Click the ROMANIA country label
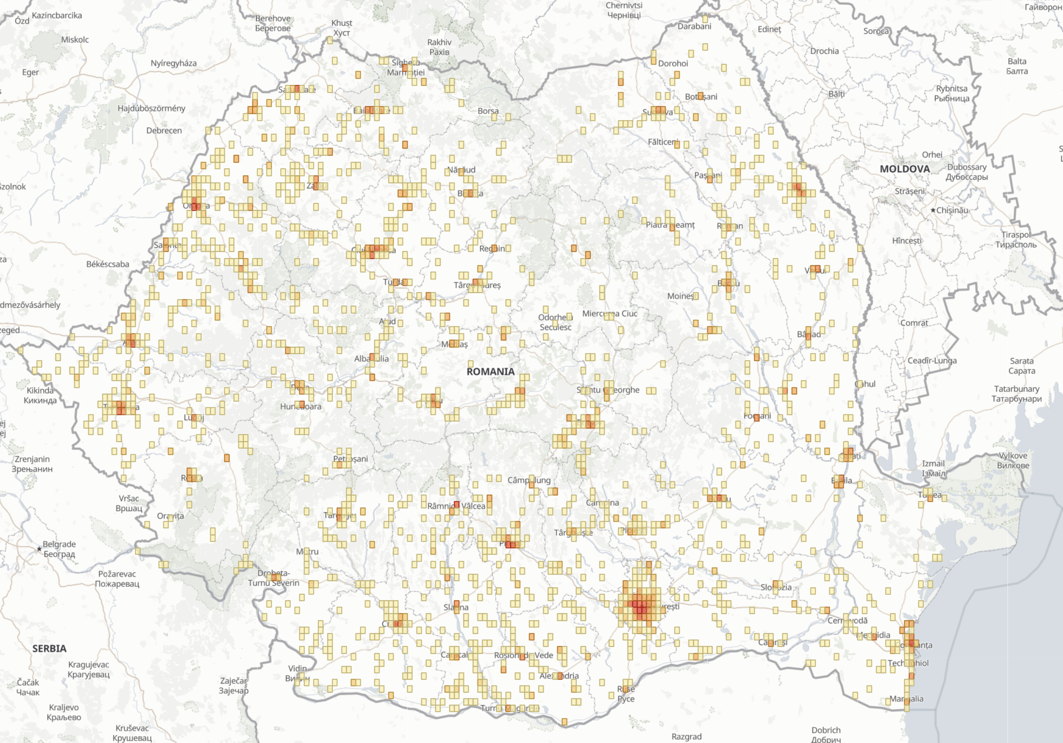490,371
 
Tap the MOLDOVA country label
905,169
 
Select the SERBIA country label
49,648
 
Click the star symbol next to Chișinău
933,210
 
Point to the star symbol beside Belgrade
39,549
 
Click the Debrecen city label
164,131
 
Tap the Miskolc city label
75,40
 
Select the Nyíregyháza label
174,63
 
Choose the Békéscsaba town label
107,264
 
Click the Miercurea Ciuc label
610,314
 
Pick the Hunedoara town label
301,406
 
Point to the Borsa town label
488,111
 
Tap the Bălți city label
837,94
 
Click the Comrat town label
914,323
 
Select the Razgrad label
687,736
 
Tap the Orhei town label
932,155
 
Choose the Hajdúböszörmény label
151,108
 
